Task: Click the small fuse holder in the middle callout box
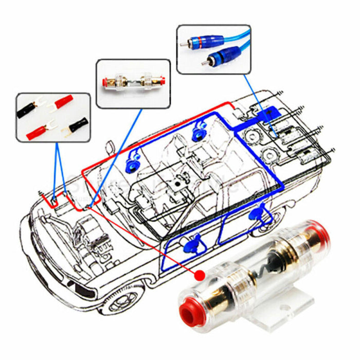[x=133, y=83]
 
